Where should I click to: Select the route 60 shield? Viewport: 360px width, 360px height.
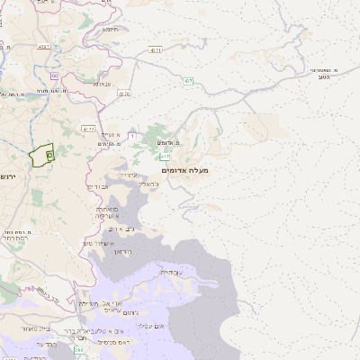(x=54, y=76)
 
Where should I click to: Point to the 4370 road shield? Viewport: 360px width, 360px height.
(x=124, y=94)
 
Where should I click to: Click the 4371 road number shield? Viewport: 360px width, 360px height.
(x=157, y=51)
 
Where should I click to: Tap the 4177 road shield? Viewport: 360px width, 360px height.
(x=88, y=129)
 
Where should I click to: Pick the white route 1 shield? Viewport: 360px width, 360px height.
(x=132, y=136)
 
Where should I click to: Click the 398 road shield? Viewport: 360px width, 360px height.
(x=79, y=349)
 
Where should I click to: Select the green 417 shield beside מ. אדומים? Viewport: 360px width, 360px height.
(x=165, y=157)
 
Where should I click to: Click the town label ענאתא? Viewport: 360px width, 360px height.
(x=102, y=84)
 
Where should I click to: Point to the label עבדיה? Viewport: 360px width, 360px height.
(x=170, y=271)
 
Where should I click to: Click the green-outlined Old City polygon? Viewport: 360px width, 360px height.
(x=40, y=156)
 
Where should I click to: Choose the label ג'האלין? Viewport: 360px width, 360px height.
(x=149, y=184)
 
